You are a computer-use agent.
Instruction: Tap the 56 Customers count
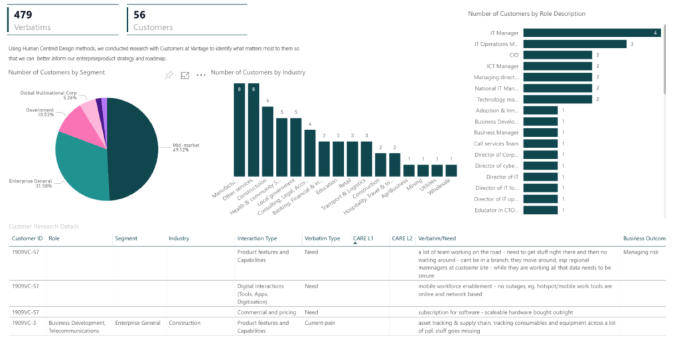139,14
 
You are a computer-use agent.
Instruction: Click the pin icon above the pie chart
169,76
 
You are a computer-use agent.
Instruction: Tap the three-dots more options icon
200,76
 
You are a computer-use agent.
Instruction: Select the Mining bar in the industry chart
423,170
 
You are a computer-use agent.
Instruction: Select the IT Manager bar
591,33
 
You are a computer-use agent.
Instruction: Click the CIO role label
514,55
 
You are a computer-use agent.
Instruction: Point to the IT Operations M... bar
575,44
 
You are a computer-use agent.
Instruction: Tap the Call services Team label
496,143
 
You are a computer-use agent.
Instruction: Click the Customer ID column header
27,238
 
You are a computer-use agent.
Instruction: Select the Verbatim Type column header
322,238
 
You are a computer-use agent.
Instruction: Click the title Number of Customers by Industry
258,72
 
